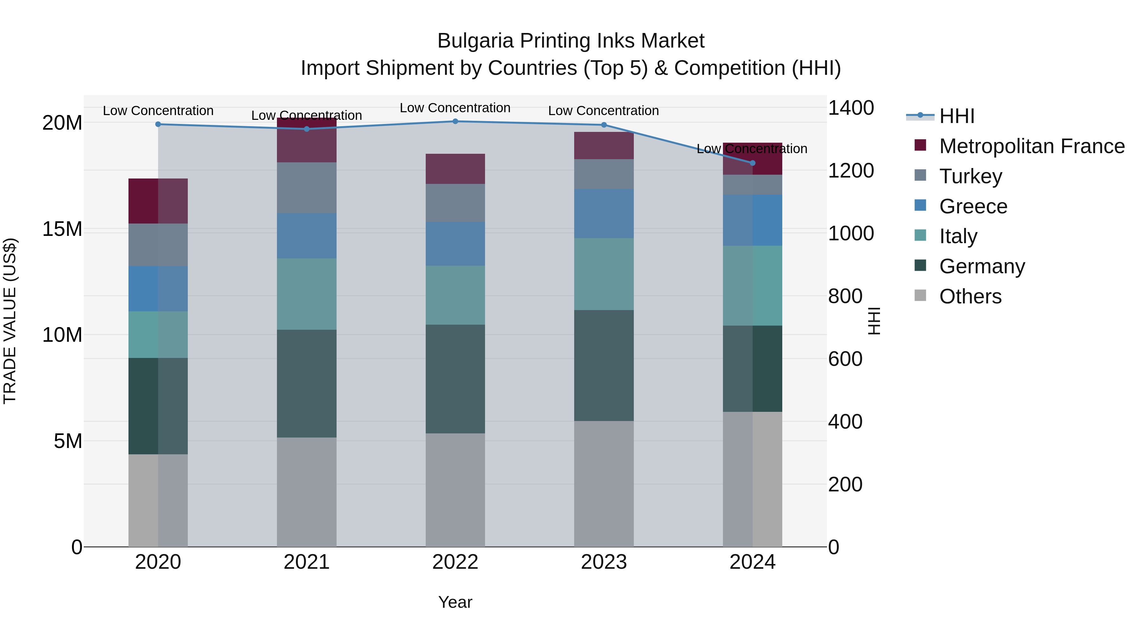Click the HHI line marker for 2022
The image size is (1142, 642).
coord(455,121)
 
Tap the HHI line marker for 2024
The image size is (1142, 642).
coord(752,163)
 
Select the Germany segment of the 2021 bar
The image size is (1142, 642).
coord(306,383)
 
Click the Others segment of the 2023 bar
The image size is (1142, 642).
coord(604,483)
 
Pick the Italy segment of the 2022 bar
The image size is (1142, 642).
coord(455,295)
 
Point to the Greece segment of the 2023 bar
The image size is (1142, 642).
coord(604,214)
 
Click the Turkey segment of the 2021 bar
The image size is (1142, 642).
coord(306,188)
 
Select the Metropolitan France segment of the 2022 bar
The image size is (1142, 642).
coord(455,169)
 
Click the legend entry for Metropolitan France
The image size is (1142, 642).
coord(1032,146)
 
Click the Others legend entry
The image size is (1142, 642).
coord(970,296)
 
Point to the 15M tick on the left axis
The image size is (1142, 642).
coord(62,229)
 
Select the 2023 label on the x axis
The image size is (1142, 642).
coord(604,562)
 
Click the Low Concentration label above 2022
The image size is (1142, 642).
coord(455,108)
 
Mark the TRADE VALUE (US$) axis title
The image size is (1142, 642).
coord(10,321)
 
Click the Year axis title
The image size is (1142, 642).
coord(455,602)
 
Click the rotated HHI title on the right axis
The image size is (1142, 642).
coord(874,321)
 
